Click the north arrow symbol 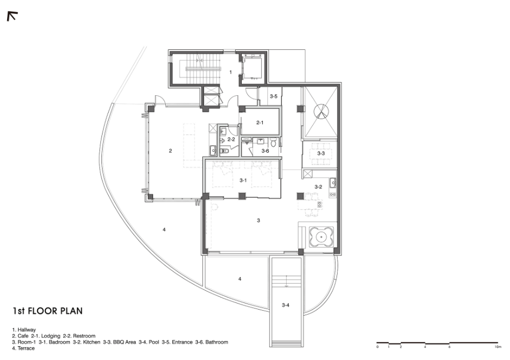pos(12,16)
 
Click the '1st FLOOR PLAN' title pos(48,311)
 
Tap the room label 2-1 pos(259,122)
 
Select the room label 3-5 pos(273,96)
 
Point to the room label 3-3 pos(321,153)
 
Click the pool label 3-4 pos(285,305)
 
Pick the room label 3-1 pos(243,181)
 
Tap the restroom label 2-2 pos(231,140)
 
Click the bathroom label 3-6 pos(265,151)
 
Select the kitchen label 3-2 pos(318,187)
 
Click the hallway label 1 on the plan pos(231,72)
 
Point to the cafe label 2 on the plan pos(170,151)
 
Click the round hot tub pos(321,237)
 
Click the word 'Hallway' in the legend pos(27,330)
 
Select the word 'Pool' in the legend pos(154,342)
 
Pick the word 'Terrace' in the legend pos(26,348)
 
